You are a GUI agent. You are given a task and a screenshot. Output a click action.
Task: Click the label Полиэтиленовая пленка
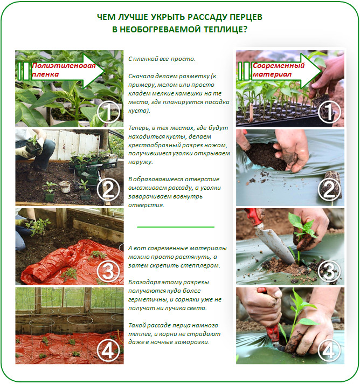tap(64, 70)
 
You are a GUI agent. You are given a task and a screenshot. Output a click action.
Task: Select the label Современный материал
tap(279, 70)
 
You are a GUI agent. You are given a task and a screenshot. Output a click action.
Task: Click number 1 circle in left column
tap(108, 112)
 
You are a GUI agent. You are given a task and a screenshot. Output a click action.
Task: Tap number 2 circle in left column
tap(108, 190)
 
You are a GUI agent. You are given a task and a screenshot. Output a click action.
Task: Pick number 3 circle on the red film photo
tap(108, 271)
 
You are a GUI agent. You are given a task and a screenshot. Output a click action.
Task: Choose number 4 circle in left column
tap(108, 350)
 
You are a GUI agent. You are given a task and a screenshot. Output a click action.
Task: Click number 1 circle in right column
tap(329, 112)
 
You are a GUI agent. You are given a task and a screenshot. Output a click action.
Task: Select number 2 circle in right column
tap(329, 190)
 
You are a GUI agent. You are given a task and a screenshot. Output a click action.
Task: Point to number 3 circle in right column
tap(329, 271)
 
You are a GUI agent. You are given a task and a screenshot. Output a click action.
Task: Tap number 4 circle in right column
tap(329, 350)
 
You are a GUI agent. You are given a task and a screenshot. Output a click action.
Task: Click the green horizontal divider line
tap(176, 227)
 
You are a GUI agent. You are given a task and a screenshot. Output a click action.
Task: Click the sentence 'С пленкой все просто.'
tap(162, 59)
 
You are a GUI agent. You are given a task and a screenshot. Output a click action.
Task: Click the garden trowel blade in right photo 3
tap(275, 244)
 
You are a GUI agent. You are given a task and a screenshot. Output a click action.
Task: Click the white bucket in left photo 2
tap(65, 187)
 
